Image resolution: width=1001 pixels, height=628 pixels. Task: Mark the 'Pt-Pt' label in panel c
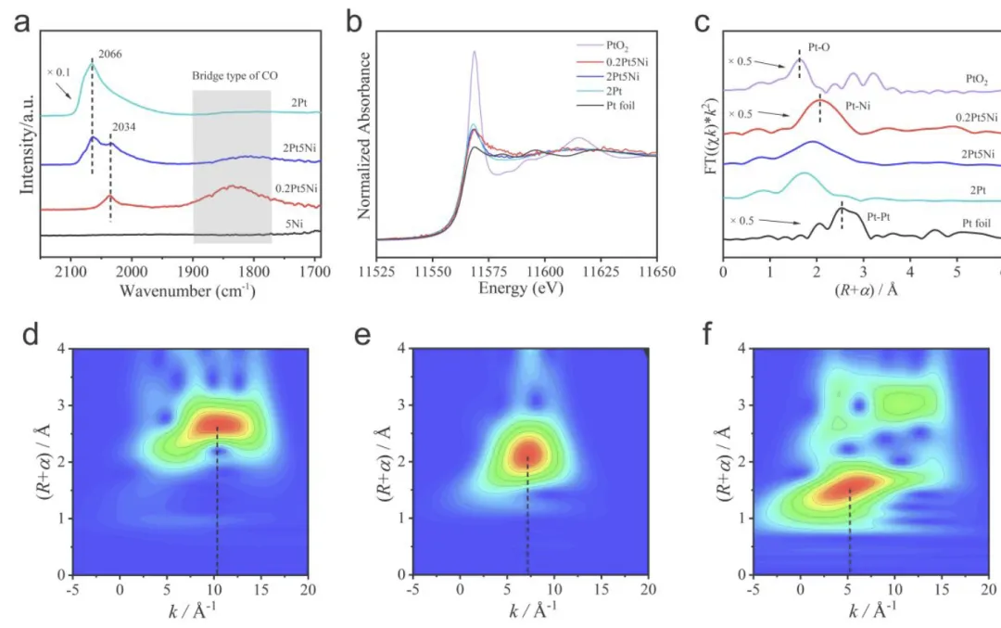tap(876, 216)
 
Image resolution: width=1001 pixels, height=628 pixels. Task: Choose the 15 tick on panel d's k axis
tap(262, 590)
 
